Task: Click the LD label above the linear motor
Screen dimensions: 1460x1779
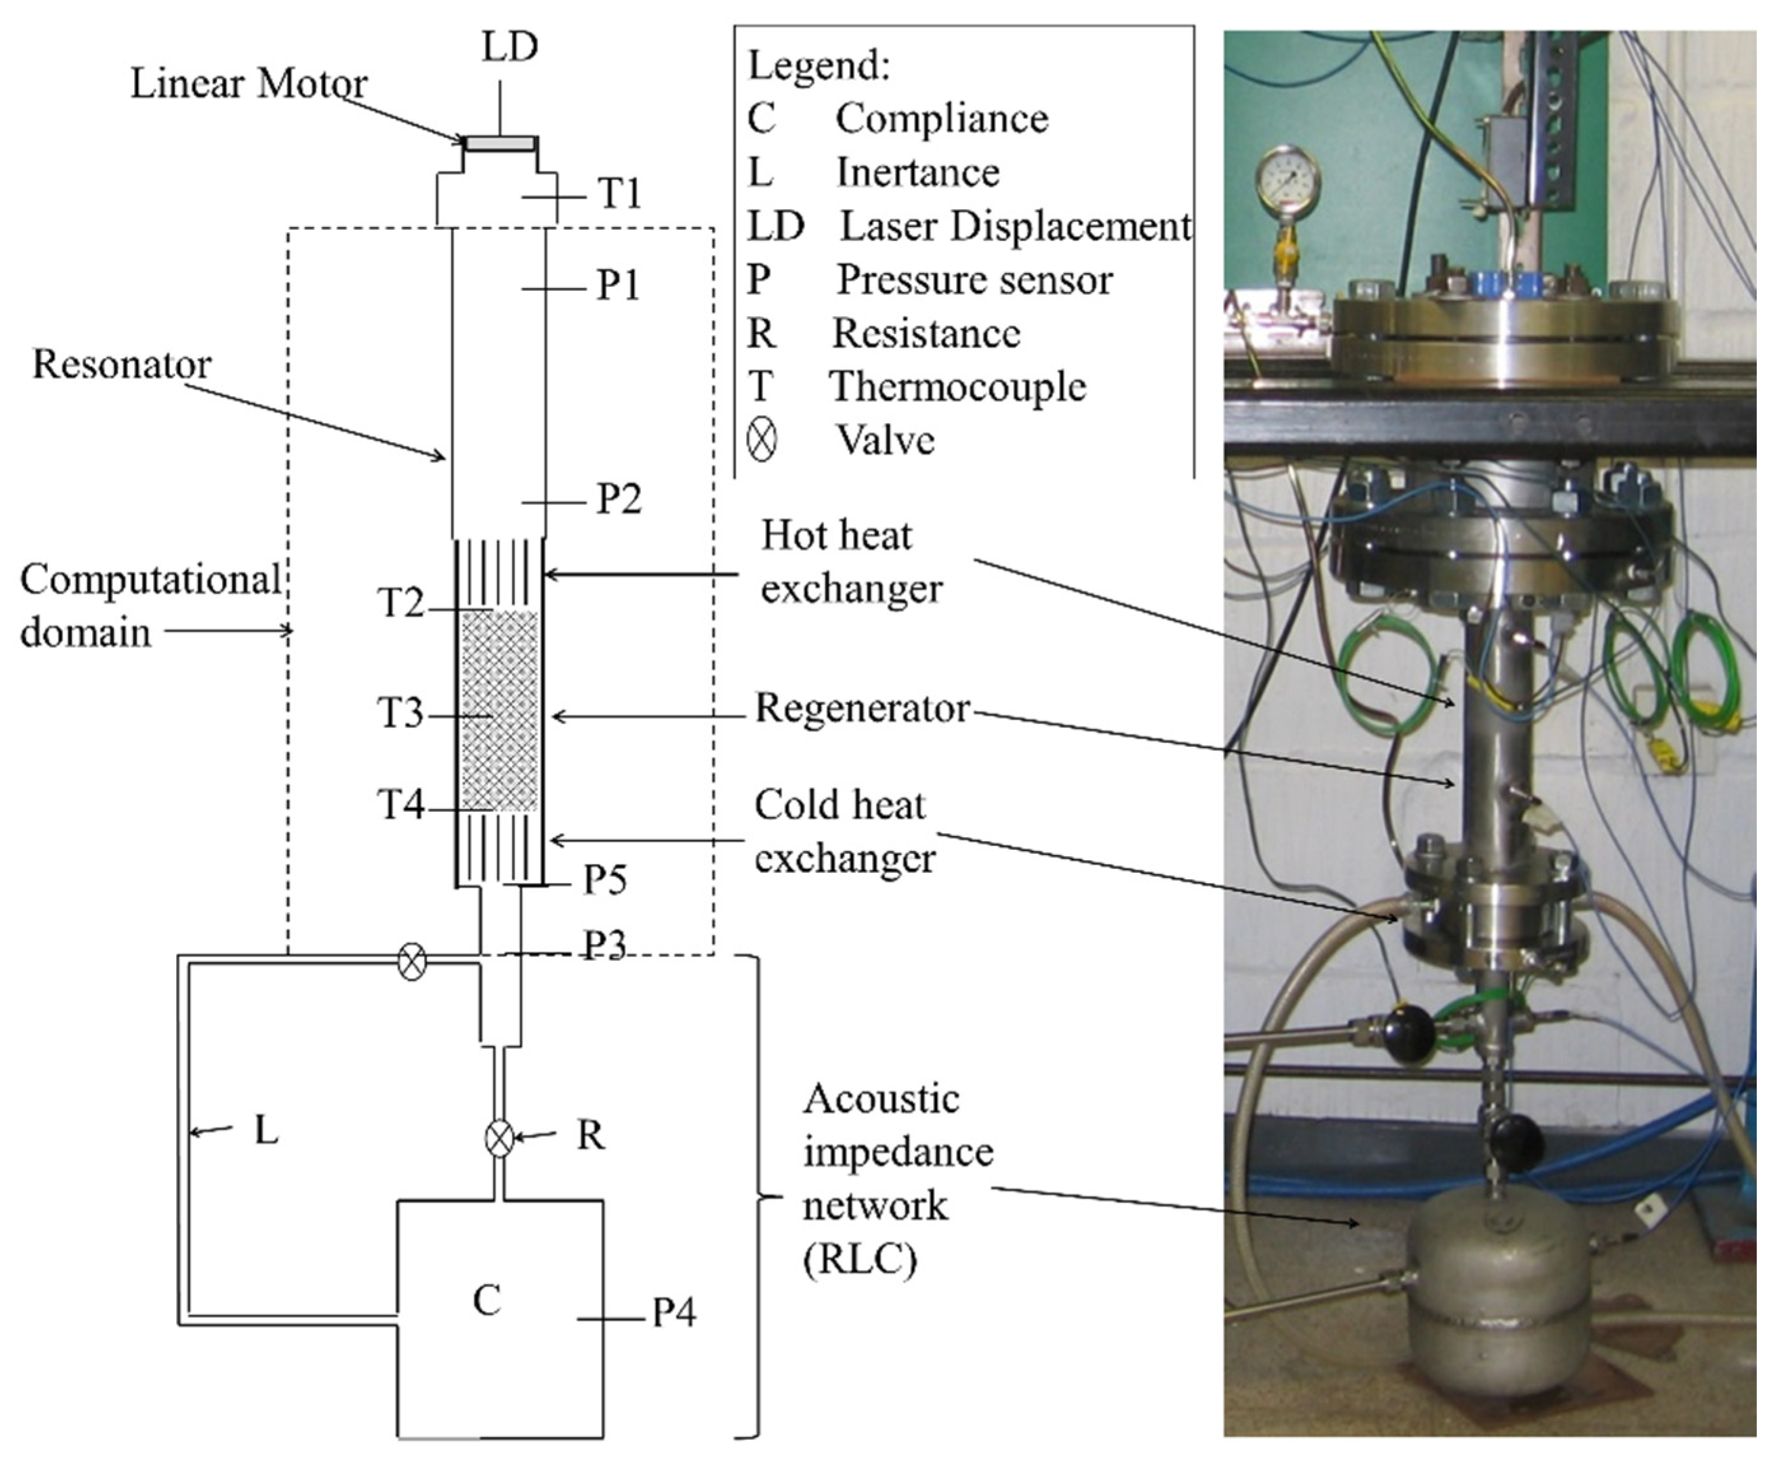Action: click(x=509, y=47)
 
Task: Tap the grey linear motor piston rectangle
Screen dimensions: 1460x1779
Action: click(x=499, y=144)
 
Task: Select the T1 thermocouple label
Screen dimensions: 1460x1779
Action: click(x=620, y=194)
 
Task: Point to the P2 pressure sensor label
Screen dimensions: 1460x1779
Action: click(x=620, y=499)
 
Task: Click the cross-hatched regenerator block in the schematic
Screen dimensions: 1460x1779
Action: click(x=499, y=711)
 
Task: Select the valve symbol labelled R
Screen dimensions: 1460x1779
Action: click(x=499, y=1139)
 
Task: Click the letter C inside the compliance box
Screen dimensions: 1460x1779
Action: click(x=487, y=1300)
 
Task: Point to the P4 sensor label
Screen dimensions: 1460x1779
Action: click(x=674, y=1313)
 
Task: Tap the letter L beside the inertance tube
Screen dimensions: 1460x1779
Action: click(x=266, y=1131)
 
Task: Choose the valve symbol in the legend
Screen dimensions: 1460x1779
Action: click(x=762, y=441)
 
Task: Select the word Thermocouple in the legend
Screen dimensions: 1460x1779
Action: click(x=958, y=387)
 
